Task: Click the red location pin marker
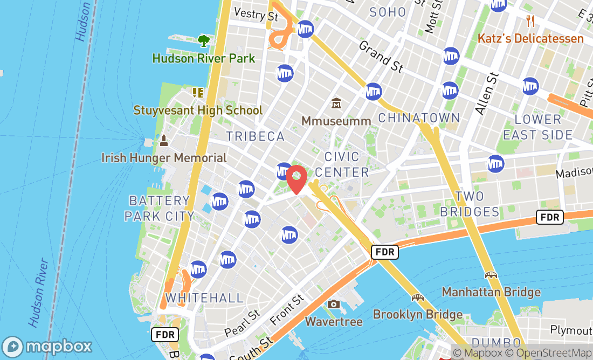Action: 296,179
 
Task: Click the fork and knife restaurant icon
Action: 531,21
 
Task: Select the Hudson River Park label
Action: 204,58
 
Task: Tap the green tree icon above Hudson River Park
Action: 203,40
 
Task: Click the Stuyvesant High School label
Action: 198,110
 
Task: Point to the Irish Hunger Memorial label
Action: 164,158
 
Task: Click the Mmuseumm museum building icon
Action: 336,102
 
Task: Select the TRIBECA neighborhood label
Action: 256,136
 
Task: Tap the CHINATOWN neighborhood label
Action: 419,118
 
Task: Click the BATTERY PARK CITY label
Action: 160,209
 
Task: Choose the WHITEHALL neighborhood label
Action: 204,298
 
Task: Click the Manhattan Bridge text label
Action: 491,292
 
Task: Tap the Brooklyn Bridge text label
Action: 418,314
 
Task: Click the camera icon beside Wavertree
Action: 333,304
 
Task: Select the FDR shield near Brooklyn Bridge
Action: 385,252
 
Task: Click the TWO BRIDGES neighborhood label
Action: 470,204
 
